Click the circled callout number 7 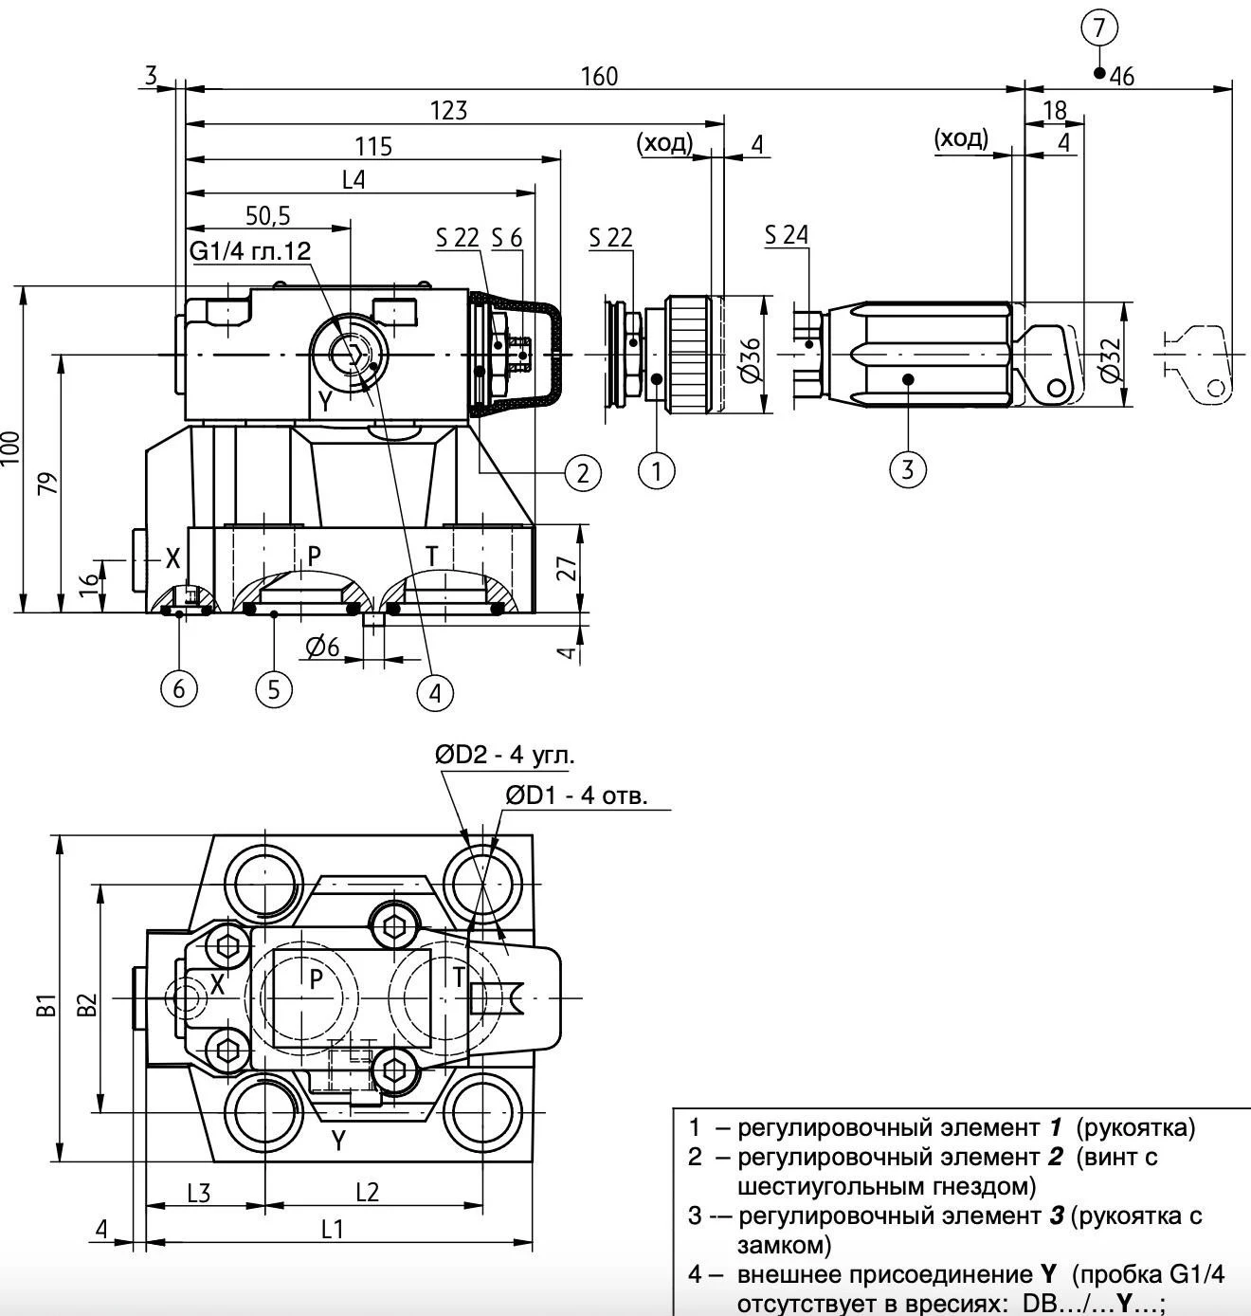[1098, 27]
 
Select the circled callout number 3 [907, 468]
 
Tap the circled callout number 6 [179, 688]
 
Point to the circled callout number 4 [435, 693]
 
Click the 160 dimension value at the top [599, 76]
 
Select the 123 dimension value [448, 111]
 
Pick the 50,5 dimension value [267, 216]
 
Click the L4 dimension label [353, 180]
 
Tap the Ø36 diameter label [750, 359]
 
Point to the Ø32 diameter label [1111, 359]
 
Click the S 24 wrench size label [787, 234]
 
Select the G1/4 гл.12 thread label [250, 251]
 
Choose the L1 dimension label [332, 1230]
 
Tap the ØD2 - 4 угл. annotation [505, 755]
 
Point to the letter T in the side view [432, 556]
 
